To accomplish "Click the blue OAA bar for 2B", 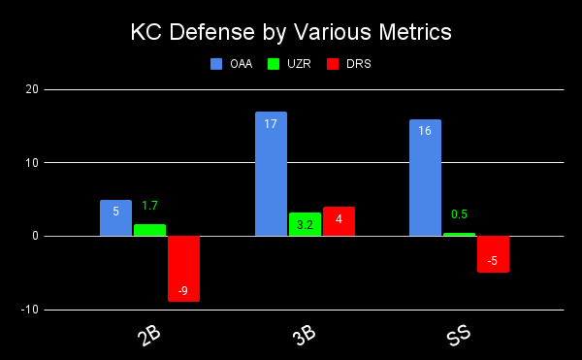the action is (x=115, y=218).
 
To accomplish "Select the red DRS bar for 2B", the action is (x=183, y=269).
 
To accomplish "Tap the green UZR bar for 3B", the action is (x=306, y=224).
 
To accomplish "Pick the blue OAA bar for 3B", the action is (x=271, y=174).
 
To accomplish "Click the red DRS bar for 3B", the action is (x=339, y=221).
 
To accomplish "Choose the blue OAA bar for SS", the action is (x=426, y=178).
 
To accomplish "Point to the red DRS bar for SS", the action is (x=494, y=254).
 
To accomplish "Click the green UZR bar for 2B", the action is (x=150, y=230).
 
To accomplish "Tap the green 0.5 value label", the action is (x=459, y=214).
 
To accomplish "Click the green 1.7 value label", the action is (x=150, y=206).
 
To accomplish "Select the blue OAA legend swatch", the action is (x=216, y=64).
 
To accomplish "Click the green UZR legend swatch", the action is (x=274, y=64).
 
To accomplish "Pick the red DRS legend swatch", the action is (x=333, y=64).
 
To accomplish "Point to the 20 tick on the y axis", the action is (x=32, y=89).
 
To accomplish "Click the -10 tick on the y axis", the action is (x=30, y=310).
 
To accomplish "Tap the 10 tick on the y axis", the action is (x=32, y=163).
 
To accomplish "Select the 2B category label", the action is (x=149, y=336).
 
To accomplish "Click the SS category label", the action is (x=459, y=335).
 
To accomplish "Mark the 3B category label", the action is (x=305, y=336).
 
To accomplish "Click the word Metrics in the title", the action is (x=415, y=32).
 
